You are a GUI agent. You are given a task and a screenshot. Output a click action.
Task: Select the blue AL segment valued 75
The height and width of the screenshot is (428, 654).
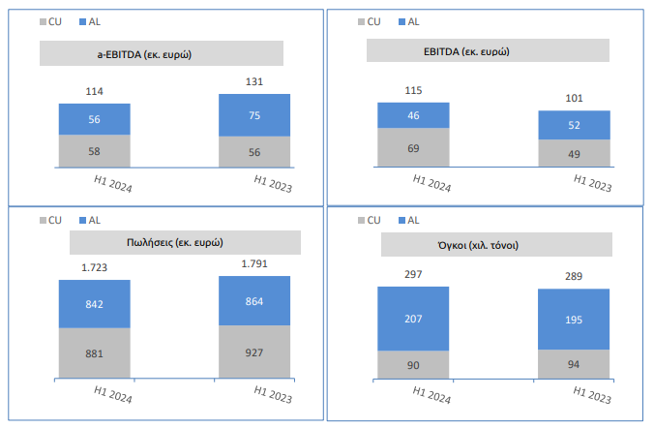point(254,114)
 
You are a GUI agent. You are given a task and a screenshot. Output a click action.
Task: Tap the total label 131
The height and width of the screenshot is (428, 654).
point(254,82)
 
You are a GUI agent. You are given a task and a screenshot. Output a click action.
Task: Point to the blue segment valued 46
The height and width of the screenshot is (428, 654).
point(413,115)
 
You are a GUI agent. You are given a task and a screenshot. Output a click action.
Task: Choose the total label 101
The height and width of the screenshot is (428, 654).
point(574,97)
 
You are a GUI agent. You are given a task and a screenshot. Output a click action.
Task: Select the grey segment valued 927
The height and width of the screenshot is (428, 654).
point(254,352)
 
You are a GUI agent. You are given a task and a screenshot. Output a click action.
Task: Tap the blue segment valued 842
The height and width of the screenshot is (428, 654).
point(94,304)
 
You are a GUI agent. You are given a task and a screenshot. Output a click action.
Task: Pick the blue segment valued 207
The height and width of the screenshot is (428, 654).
point(413,319)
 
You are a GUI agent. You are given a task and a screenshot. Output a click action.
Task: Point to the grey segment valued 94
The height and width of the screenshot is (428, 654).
point(574,364)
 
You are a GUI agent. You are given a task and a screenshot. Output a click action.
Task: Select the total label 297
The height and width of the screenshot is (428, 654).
point(413,274)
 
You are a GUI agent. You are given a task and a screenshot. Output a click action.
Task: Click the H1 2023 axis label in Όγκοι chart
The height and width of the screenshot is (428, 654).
point(592,396)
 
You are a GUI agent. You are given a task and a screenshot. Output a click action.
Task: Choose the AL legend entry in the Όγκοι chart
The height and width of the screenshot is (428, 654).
point(412,221)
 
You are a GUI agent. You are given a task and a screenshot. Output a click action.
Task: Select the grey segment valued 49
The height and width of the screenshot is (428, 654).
point(574,154)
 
